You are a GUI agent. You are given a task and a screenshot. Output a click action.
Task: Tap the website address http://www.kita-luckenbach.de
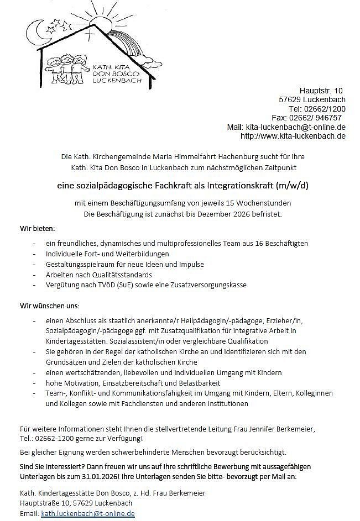point(293,136)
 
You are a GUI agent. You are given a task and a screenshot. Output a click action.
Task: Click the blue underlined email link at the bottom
point(88,513)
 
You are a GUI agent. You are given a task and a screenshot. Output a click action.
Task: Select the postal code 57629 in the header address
point(290,100)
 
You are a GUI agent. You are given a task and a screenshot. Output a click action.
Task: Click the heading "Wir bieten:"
point(36,228)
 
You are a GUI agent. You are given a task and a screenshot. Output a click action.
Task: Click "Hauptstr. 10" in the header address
point(321,91)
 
